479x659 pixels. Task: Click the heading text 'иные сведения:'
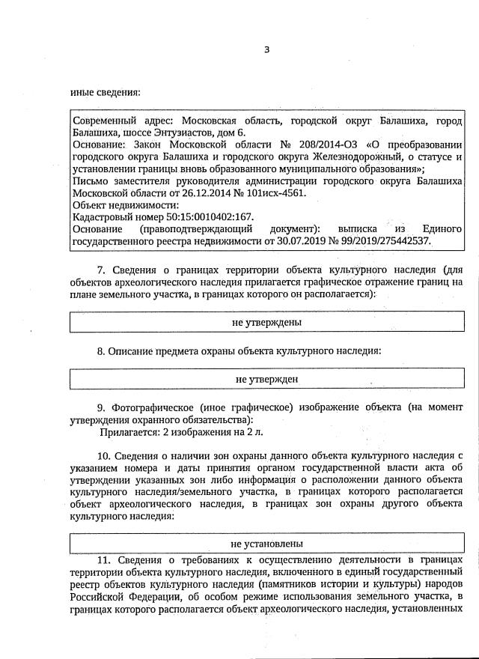(105, 93)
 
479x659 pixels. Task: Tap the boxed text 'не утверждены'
(266, 322)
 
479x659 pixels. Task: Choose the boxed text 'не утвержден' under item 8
(266, 379)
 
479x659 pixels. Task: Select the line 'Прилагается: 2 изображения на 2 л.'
(181, 432)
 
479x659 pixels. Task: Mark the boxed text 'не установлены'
(266, 543)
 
